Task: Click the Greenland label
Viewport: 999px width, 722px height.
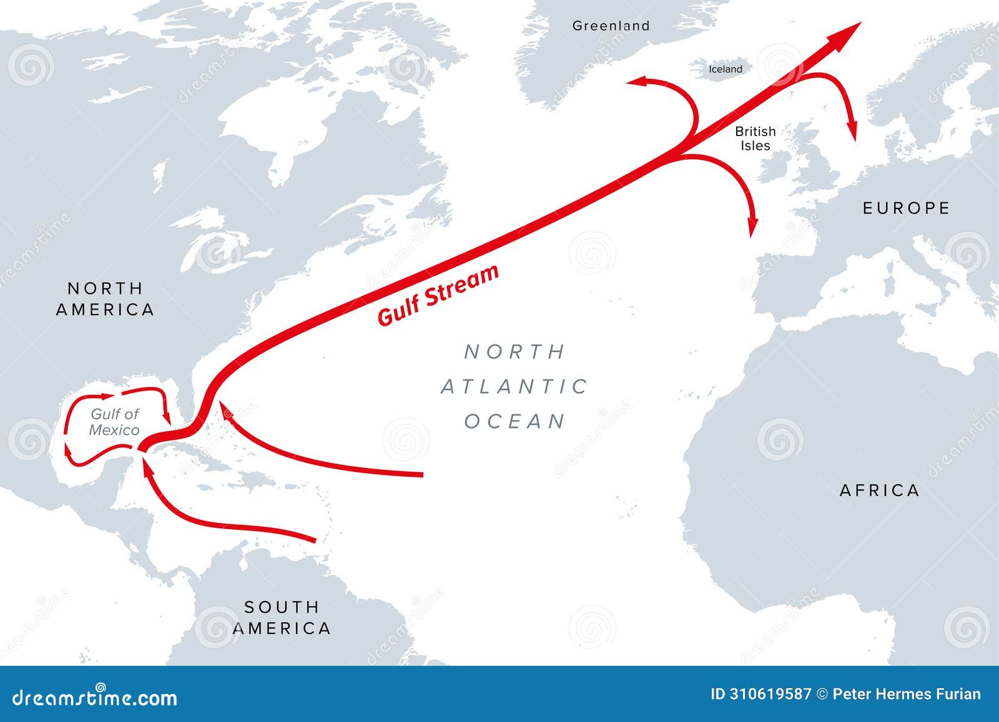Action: [611, 26]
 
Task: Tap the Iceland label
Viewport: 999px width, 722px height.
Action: [725, 69]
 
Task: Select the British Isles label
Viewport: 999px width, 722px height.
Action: [755, 138]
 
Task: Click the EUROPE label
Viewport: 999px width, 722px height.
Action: [906, 208]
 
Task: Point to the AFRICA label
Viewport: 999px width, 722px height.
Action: [879, 490]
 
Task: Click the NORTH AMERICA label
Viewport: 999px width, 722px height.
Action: [105, 299]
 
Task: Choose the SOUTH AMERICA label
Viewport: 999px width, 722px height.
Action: [282, 617]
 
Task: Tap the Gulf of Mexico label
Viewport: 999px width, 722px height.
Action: [114, 422]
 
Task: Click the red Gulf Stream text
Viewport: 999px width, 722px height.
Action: [438, 295]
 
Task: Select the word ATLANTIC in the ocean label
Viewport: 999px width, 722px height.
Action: [514, 387]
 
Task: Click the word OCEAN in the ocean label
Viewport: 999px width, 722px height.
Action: [514, 421]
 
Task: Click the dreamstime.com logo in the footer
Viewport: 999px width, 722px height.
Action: [95, 698]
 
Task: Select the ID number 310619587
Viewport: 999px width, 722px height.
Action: [761, 695]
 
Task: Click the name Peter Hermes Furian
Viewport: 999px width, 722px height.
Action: [907, 695]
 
